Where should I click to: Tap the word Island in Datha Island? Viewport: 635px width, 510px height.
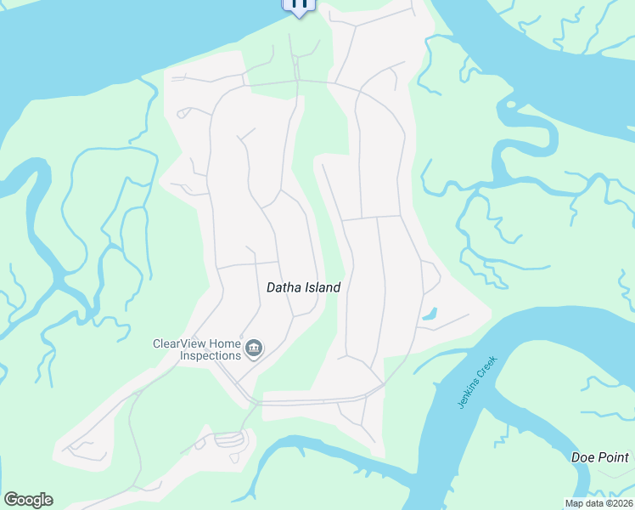(323, 287)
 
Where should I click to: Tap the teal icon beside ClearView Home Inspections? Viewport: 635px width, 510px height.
(253, 348)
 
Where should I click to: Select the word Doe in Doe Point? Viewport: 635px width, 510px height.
(583, 457)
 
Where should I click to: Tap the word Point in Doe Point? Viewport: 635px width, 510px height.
(613, 457)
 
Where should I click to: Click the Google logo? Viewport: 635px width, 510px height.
(28, 500)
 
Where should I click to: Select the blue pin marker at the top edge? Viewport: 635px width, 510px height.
(299, 4)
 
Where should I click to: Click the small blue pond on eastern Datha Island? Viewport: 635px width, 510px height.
(430, 314)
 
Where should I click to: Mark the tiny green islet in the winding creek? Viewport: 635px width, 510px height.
(509, 105)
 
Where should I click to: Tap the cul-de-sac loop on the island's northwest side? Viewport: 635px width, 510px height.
(183, 113)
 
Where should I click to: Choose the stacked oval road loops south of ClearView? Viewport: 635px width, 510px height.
(228, 439)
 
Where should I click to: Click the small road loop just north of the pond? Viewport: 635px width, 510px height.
(430, 276)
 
